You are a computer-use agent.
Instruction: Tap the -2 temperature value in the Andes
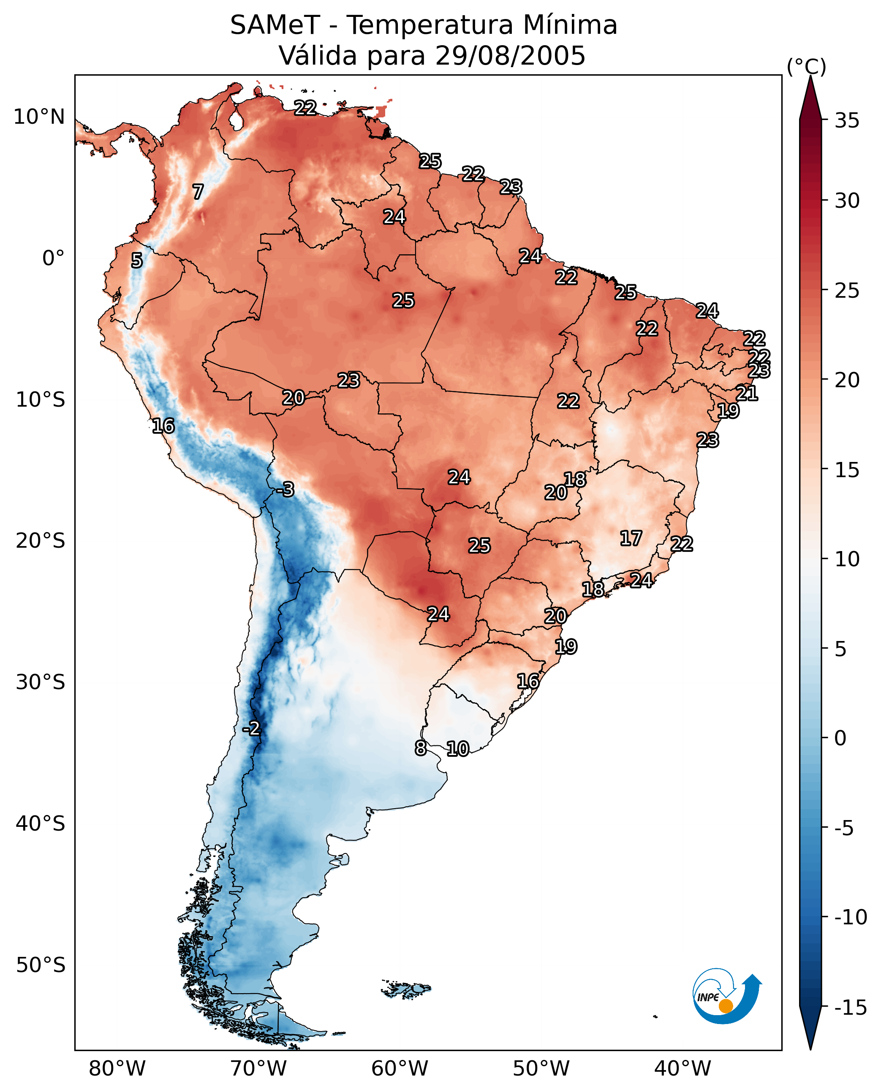251,729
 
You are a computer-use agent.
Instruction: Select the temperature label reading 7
198,192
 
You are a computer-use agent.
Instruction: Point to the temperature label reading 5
137,260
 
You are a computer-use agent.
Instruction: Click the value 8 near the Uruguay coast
421,748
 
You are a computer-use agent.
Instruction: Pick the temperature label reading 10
458,749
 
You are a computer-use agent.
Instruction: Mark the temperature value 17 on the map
631,538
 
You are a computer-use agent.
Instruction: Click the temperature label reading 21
747,393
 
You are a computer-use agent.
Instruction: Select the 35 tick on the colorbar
847,121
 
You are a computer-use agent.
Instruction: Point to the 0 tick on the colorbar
840,738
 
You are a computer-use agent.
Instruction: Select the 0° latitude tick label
53,258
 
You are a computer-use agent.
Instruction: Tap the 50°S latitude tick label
41,964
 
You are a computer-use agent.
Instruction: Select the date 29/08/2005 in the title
511,56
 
